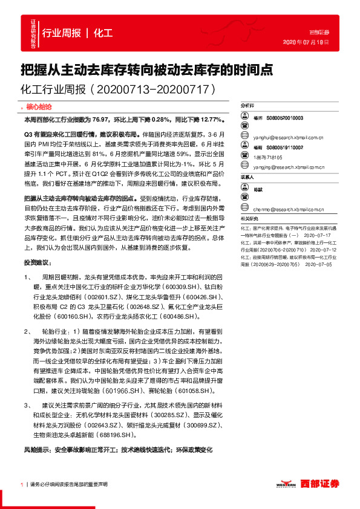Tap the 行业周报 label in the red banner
[62, 33]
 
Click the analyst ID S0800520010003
[286, 118]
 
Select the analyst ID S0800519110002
[286, 148]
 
